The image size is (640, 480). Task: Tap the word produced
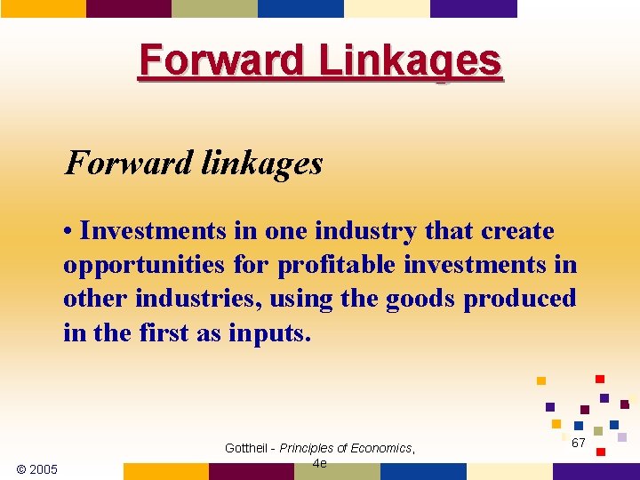[520, 299]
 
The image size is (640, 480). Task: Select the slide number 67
[578, 443]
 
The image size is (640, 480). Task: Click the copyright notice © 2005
[37, 469]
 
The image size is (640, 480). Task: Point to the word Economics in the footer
[381, 448]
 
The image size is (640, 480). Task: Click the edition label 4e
[320, 463]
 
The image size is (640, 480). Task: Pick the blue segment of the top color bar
[300, 8]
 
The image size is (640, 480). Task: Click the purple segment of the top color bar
[473, 8]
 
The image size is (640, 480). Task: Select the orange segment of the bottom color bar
[165, 471]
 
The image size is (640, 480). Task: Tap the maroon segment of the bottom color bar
[252, 471]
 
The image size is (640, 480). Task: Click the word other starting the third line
[96, 299]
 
